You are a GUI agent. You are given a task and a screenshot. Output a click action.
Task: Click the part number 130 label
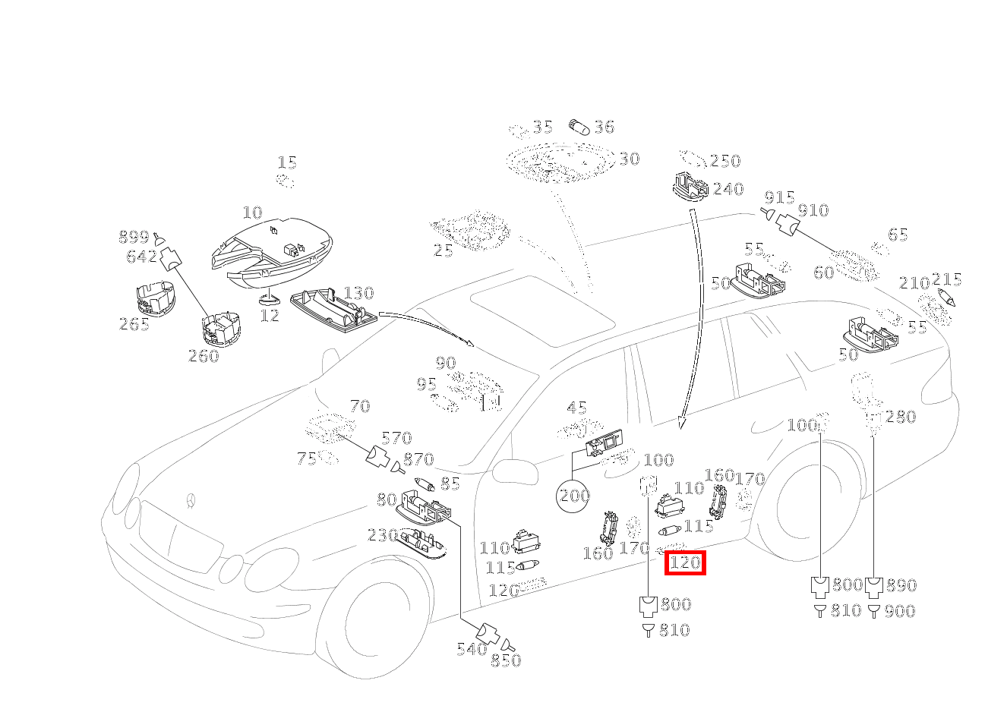pos(358,293)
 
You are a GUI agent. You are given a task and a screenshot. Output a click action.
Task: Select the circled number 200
pos(574,496)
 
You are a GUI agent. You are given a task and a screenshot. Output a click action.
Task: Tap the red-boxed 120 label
pos(686,563)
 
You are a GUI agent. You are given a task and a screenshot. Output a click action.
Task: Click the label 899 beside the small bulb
pos(134,237)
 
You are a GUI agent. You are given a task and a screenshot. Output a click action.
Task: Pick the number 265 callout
pos(134,324)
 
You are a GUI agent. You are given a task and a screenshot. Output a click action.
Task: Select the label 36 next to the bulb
pos(604,127)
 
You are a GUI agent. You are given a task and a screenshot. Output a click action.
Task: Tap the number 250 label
pos(724,161)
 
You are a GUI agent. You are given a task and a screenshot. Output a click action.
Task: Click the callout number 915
pos(778,196)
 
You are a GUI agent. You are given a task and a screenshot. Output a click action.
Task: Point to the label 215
pos(946,279)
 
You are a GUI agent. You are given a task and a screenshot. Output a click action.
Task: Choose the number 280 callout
pos(901,417)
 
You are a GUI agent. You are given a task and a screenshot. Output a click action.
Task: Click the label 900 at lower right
pos(900,611)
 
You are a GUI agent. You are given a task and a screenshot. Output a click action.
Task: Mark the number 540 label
pos(472,649)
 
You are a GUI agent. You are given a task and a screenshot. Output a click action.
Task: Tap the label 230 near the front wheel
pos(383,535)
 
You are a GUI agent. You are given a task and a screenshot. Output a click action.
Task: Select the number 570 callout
pos(396,438)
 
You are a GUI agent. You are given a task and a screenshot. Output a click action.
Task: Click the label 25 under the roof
pos(444,250)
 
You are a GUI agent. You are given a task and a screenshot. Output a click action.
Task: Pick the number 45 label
pos(577,408)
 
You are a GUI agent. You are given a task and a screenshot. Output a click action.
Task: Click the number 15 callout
pos(287,162)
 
